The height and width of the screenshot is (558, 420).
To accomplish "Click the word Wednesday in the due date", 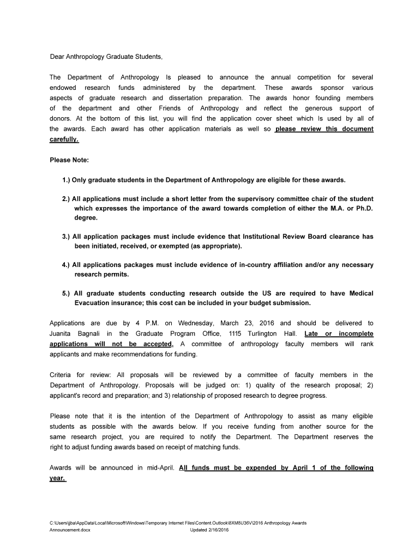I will [197, 323].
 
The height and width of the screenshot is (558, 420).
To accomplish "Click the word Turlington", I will [268, 333].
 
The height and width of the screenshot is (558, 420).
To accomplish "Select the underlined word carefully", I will [64, 139].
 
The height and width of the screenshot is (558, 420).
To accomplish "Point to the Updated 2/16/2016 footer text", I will [209, 530].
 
